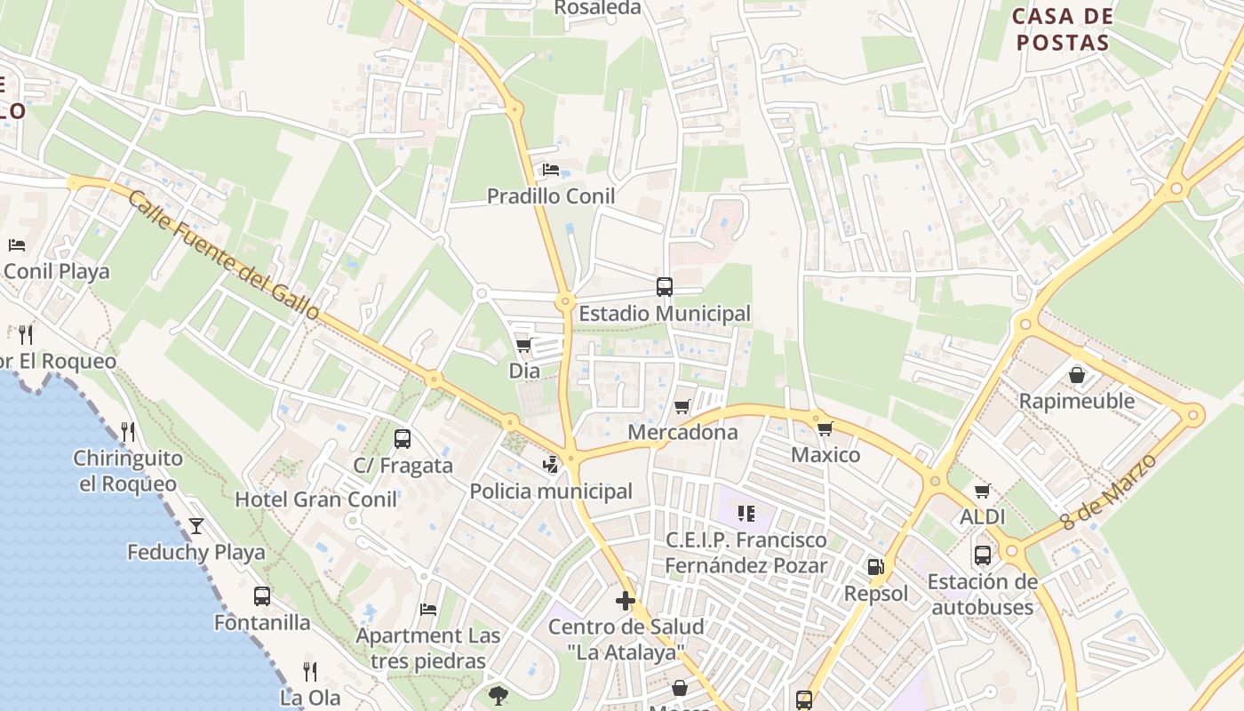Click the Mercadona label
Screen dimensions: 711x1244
[x=682, y=432]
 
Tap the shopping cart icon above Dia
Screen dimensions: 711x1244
[x=523, y=345]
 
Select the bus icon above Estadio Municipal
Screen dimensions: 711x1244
[x=665, y=286]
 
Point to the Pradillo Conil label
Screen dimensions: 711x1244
[x=551, y=196]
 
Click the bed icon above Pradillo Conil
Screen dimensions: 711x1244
[x=551, y=169]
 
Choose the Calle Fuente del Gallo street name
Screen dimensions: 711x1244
[x=223, y=255]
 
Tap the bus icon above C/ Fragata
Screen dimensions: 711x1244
[x=403, y=438]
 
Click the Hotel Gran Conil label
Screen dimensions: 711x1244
[x=315, y=499]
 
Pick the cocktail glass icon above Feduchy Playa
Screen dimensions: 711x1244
[x=196, y=525]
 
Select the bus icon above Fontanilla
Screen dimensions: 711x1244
[x=262, y=595]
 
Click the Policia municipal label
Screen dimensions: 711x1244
[x=551, y=491]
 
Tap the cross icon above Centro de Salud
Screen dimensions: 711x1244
[x=626, y=601]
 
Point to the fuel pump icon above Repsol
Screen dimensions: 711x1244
[x=876, y=566]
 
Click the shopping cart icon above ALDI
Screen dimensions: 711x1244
[x=983, y=491]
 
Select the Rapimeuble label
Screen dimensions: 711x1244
[x=1077, y=401]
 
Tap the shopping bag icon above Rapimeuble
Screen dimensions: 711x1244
[x=1077, y=375]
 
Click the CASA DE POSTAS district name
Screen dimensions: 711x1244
[x=1063, y=29]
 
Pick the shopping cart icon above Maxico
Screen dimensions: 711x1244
[x=825, y=429]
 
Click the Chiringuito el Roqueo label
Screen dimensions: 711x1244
[x=128, y=471]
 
